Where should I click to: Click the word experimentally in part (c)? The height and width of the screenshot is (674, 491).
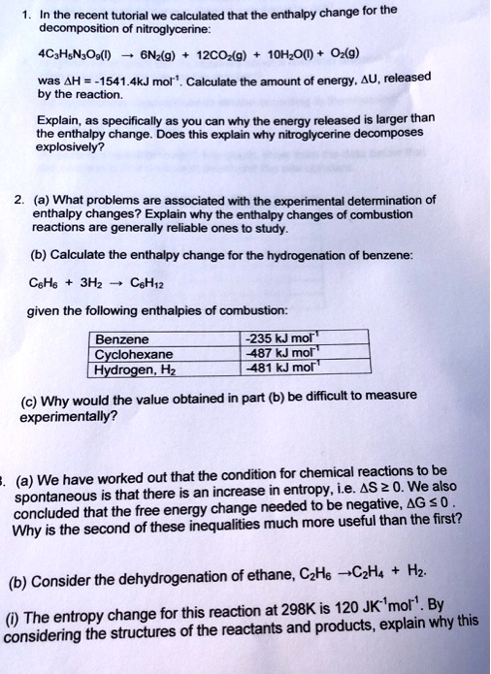click(67, 416)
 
